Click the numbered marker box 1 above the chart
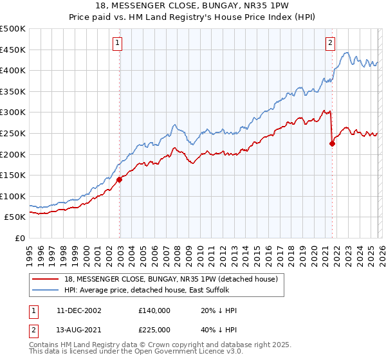click(x=118, y=43)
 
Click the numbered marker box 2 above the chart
click(x=330, y=43)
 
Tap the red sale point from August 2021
click(x=332, y=144)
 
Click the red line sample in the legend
click(x=46, y=278)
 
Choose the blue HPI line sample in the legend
click(x=46, y=290)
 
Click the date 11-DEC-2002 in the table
click(x=78, y=310)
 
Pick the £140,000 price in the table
click(x=154, y=310)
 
